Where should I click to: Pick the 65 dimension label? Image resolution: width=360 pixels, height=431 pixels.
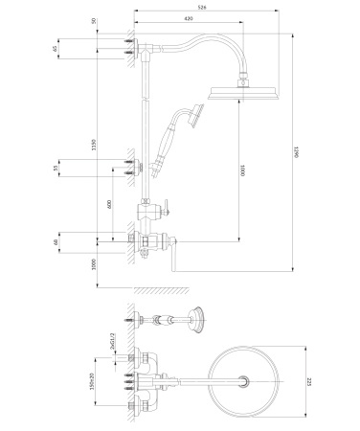[x=56, y=46]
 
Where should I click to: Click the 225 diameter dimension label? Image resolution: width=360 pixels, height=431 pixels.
[x=309, y=381]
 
